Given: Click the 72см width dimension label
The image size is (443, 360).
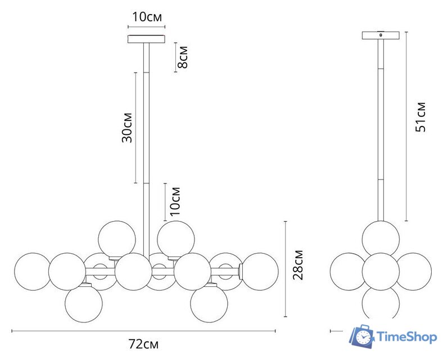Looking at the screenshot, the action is pyautogui.click(x=143, y=344).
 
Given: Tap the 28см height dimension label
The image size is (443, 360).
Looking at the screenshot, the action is pyautogui.click(x=298, y=265).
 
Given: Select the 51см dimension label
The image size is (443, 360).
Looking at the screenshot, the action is pyautogui.click(x=421, y=116).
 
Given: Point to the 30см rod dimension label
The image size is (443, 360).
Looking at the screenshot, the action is pyautogui.click(x=127, y=128).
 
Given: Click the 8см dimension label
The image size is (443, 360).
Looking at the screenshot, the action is pyautogui.click(x=183, y=57).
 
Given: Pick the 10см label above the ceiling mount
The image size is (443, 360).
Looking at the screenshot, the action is pyautogui.click(x=147, y=17).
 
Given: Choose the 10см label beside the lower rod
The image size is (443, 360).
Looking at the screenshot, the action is pyautogui.click(x=175, y=201).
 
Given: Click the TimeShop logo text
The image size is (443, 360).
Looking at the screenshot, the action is pyautogui.click(x=407, y=337).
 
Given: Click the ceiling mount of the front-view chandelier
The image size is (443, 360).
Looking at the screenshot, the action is pyautogui.click(x=146, y=39).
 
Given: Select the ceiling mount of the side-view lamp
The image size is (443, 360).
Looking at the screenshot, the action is pyautogui.click(x=381, y=35).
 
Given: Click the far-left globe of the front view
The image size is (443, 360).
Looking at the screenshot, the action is pyautogui.click(x=33, y=272).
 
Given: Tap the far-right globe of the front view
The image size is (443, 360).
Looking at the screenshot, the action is pyautogui.click(x=259, y=272).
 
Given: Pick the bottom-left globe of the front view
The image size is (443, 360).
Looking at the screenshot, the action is pyautogui.click(x=84, y=304).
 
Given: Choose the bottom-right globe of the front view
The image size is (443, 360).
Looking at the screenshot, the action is pyautogui.click(x=209, y=304).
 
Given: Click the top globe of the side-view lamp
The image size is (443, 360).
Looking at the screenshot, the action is pyautogui.click(x=381, y=239).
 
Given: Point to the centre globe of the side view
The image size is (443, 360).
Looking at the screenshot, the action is pyautogui.click(x=381, y=272).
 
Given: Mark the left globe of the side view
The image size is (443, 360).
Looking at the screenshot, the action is pyautogui.click(x=349, y=272).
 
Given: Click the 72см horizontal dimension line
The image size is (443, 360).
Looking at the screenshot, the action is pyautogui.click(x=143, y=331).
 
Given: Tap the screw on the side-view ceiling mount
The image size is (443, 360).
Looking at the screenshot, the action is pyautogui.click(x=381, y=35).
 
